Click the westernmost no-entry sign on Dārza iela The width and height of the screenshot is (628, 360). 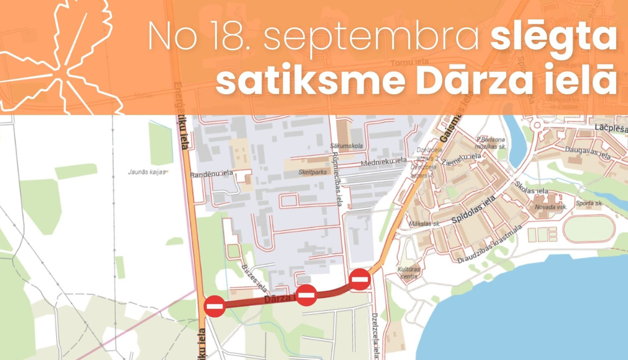[x=215, y=306]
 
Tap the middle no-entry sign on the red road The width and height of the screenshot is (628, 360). [x=306, y=295]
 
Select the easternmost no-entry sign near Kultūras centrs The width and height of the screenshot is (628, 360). [x=360, y=280]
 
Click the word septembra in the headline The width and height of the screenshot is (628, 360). [x=372, y=38]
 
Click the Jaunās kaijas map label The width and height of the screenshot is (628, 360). [x=147, y=172]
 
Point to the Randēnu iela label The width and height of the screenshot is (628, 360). [x=211, y=174]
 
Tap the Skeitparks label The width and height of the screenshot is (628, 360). [x=312, y=172]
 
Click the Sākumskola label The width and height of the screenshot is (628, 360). [x=346, y=146]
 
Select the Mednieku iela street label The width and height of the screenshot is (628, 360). [x=383, y=162]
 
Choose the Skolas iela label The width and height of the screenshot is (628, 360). [x=531, y=188]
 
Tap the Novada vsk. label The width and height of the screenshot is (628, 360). [x=551, y=207]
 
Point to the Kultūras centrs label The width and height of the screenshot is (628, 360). [x=409, y=273]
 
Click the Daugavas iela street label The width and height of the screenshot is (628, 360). [x=588, y=153]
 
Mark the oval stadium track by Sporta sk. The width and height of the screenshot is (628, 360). [x=589, y=228]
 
